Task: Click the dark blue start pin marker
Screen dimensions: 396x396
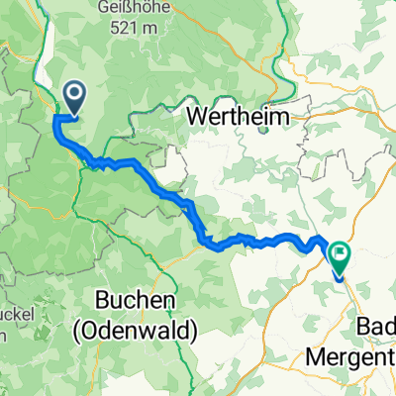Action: point(74,96)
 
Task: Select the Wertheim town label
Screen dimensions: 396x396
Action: point(240,117)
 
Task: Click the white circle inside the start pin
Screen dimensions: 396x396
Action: point(74,93)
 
